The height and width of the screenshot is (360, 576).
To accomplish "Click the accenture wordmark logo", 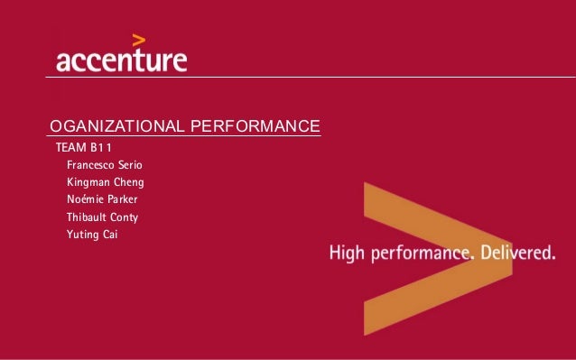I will (x=122, y=61).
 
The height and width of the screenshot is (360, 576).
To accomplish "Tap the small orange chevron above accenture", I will (x=139, y=39).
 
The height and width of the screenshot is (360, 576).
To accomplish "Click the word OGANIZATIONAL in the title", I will (x=116, y=125).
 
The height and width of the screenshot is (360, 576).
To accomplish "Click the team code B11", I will (x=101, y=147).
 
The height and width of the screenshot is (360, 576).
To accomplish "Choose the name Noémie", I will (x=85, y=199).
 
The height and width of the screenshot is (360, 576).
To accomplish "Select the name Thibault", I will (x=88, y=217).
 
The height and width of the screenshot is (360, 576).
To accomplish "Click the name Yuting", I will (x=82, y=235).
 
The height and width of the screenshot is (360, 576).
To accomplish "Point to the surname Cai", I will (x=111, y=235).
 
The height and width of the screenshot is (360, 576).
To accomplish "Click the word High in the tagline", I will (x=346, y=254).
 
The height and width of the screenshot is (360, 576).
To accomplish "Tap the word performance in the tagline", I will (x=419, y=255).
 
